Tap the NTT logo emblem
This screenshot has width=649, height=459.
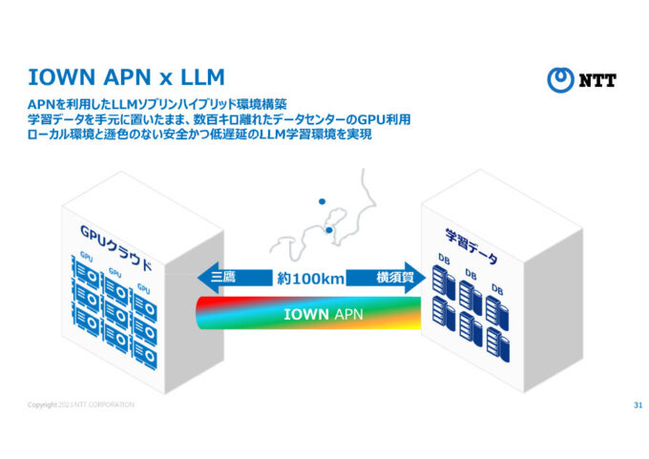click(x=560, y=80)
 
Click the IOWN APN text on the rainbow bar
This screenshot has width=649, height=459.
click(x=310, y=314)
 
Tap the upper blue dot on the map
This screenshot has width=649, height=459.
click(x=322, y=200)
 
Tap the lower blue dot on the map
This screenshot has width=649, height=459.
click(x=328, y=229)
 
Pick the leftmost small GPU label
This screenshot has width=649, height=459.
click(x=87, y=257)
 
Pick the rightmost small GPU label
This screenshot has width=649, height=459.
click(x=143, y=287)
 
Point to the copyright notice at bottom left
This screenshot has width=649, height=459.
click(x=81, y=406)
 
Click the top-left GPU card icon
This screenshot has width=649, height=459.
click(x=86, y=275)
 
